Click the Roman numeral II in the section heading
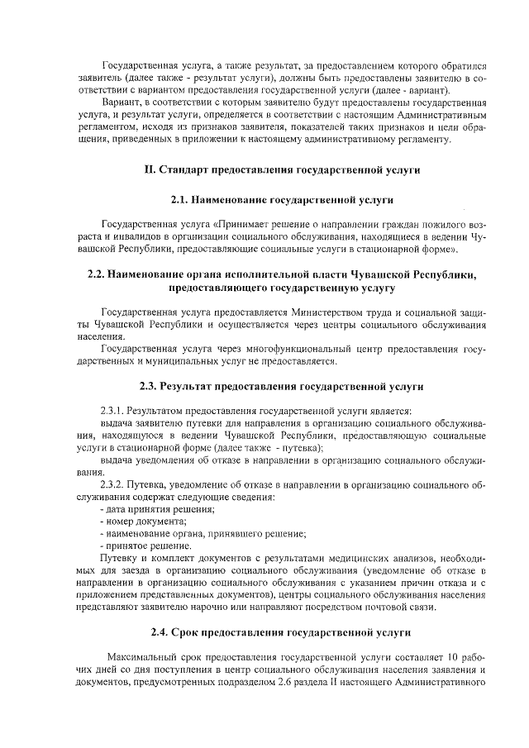click(x=150, y=170)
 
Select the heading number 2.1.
click(x=180, y=200)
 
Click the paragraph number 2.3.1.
click(x=112, y=410)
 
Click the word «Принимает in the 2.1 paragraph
click(x=246, y=223)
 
